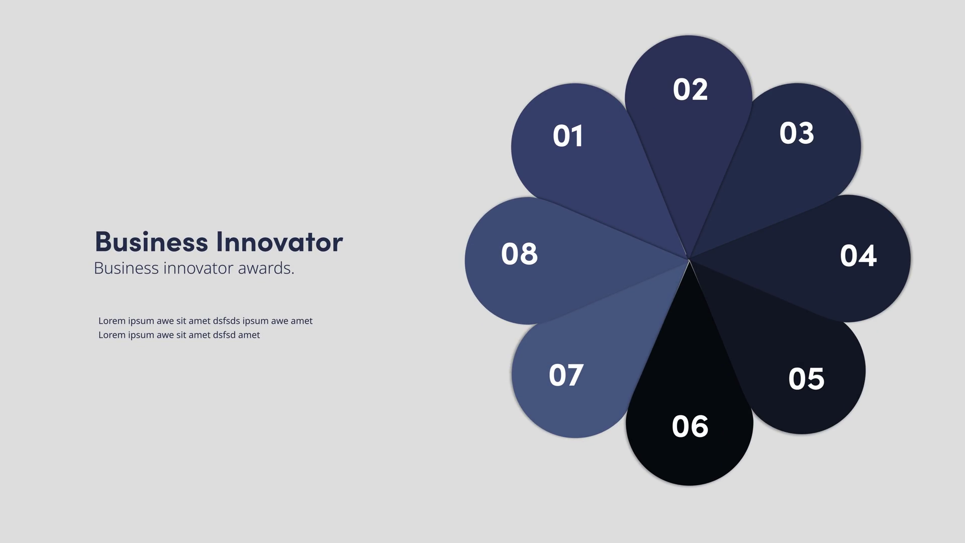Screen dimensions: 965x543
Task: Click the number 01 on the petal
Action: point(568,136)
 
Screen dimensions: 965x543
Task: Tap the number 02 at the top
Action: point(690,89)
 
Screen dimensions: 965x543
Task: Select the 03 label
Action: point(797,133)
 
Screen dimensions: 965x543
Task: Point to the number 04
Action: point(858,255)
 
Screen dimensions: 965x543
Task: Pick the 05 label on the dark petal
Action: point(806,379)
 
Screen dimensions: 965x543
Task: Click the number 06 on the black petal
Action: point(690,426)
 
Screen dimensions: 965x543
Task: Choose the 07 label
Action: point(566,375)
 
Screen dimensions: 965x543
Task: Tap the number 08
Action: point(519,254)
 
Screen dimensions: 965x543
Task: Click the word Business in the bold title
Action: point(151,242)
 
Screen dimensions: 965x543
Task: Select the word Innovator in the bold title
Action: point(280,242)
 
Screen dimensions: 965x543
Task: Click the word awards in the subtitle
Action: point(266,268)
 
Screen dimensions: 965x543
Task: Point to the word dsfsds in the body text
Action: point(226,321)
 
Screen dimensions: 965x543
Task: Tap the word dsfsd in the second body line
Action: point(224,335)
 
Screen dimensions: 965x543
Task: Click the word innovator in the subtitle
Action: point(198,268)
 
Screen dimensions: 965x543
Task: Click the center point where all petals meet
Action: point(689,259)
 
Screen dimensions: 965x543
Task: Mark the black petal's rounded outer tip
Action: point(689,485)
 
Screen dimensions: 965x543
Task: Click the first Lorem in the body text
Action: point(112,321)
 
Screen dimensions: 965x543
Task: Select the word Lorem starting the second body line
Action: point(112,335)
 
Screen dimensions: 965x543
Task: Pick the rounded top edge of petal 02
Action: point(689,36)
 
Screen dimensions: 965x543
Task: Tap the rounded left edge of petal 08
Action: point(466,260)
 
